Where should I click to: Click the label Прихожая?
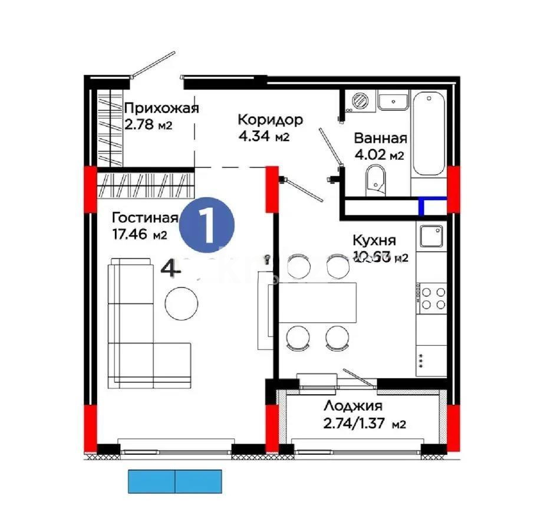coord(162,108)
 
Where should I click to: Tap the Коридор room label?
coord(270,120)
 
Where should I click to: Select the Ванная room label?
coord(380,138)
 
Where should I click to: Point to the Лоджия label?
coord(353,406)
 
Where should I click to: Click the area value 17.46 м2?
coord(139,235)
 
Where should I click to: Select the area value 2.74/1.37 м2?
coord(365,424)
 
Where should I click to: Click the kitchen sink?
coord(431,237)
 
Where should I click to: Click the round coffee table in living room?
coord(181,303)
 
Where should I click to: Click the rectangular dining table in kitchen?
coord(318,303)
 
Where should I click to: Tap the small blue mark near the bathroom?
coord(423,206)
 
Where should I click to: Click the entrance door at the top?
coord(153,65)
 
